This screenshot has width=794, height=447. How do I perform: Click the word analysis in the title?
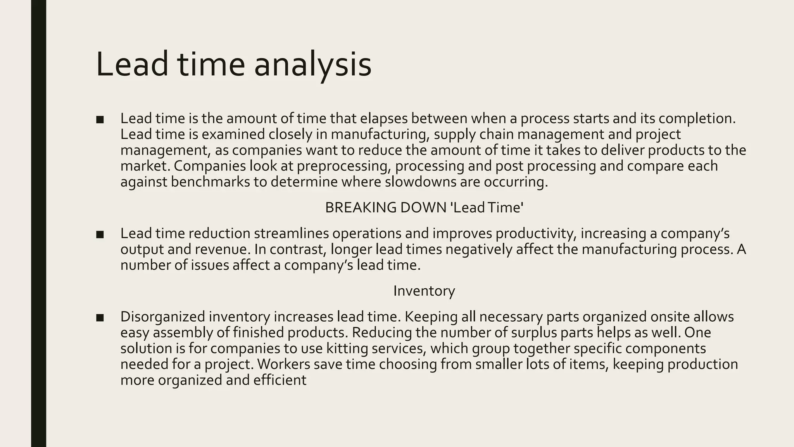(312, 65)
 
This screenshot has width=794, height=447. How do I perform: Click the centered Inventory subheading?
(424, 291)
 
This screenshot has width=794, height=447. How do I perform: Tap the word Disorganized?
(162, 317)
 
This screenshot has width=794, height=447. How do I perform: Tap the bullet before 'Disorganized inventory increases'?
(100, 317)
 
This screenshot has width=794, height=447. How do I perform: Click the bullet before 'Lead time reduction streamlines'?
(100, 234)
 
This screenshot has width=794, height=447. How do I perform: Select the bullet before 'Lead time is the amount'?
(100, 119)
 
